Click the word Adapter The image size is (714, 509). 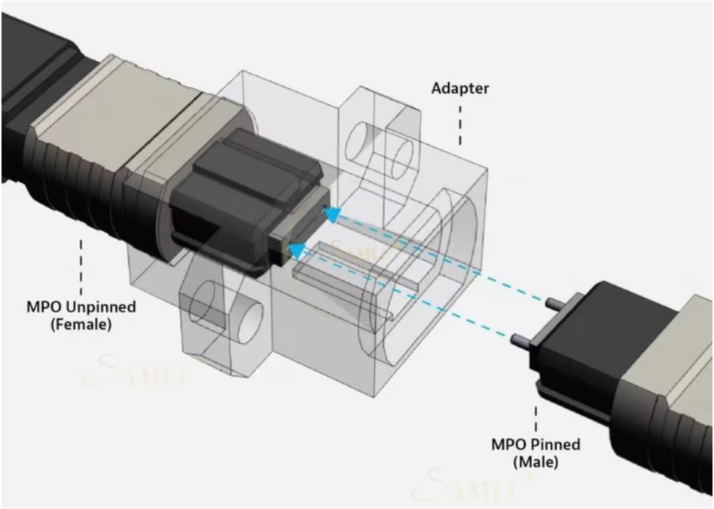coord(459,89)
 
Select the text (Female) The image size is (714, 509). coord(81,326)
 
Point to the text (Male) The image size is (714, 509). coord(535,461)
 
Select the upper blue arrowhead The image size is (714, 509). coord(331,216)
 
